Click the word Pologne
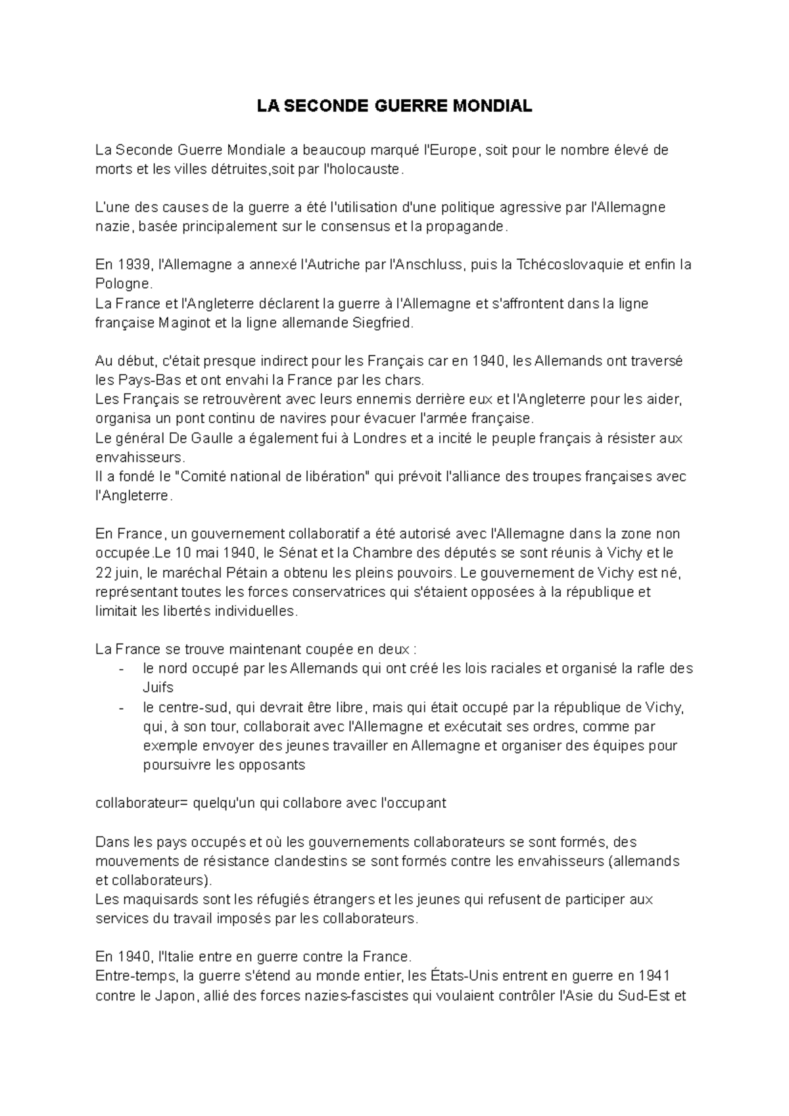pyautogui.click(x=123, y=284)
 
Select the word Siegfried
pyautogui.click(x=381, y=323)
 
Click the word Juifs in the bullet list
pyautogui.click(x=158, y=687)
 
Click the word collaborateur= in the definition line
pyautogui.click(x=141, y=803)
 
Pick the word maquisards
pyautogui.click(x=158, y=899)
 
